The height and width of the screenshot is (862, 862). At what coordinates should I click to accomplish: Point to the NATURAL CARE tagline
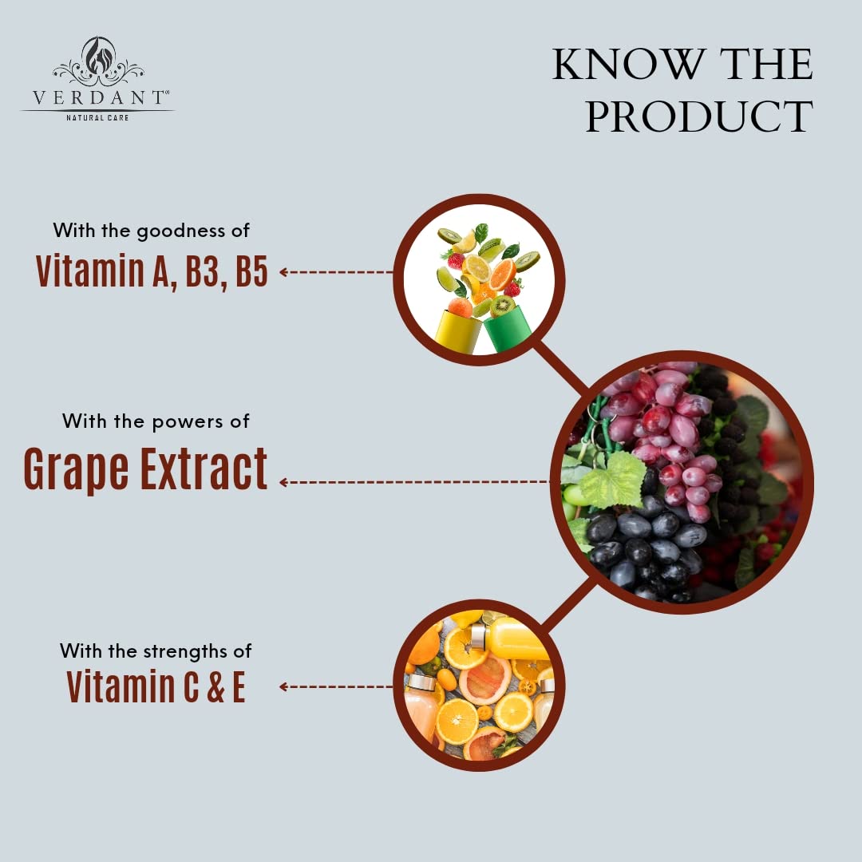coord(97,118)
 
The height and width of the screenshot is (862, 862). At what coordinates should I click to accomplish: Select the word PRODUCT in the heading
coord(699,117)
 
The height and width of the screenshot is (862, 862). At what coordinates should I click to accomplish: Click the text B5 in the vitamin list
coord(251,271)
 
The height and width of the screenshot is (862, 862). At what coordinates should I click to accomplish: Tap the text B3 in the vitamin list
coord(204,271)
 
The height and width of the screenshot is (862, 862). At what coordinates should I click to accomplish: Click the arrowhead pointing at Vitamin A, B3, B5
coord(283,272)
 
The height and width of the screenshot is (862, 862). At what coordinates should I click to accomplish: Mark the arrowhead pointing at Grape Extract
coord(283,482)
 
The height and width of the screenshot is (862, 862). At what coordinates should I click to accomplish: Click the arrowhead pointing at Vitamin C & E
coord(283,686)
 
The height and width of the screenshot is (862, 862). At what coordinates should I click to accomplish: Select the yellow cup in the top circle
coord(457,331)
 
